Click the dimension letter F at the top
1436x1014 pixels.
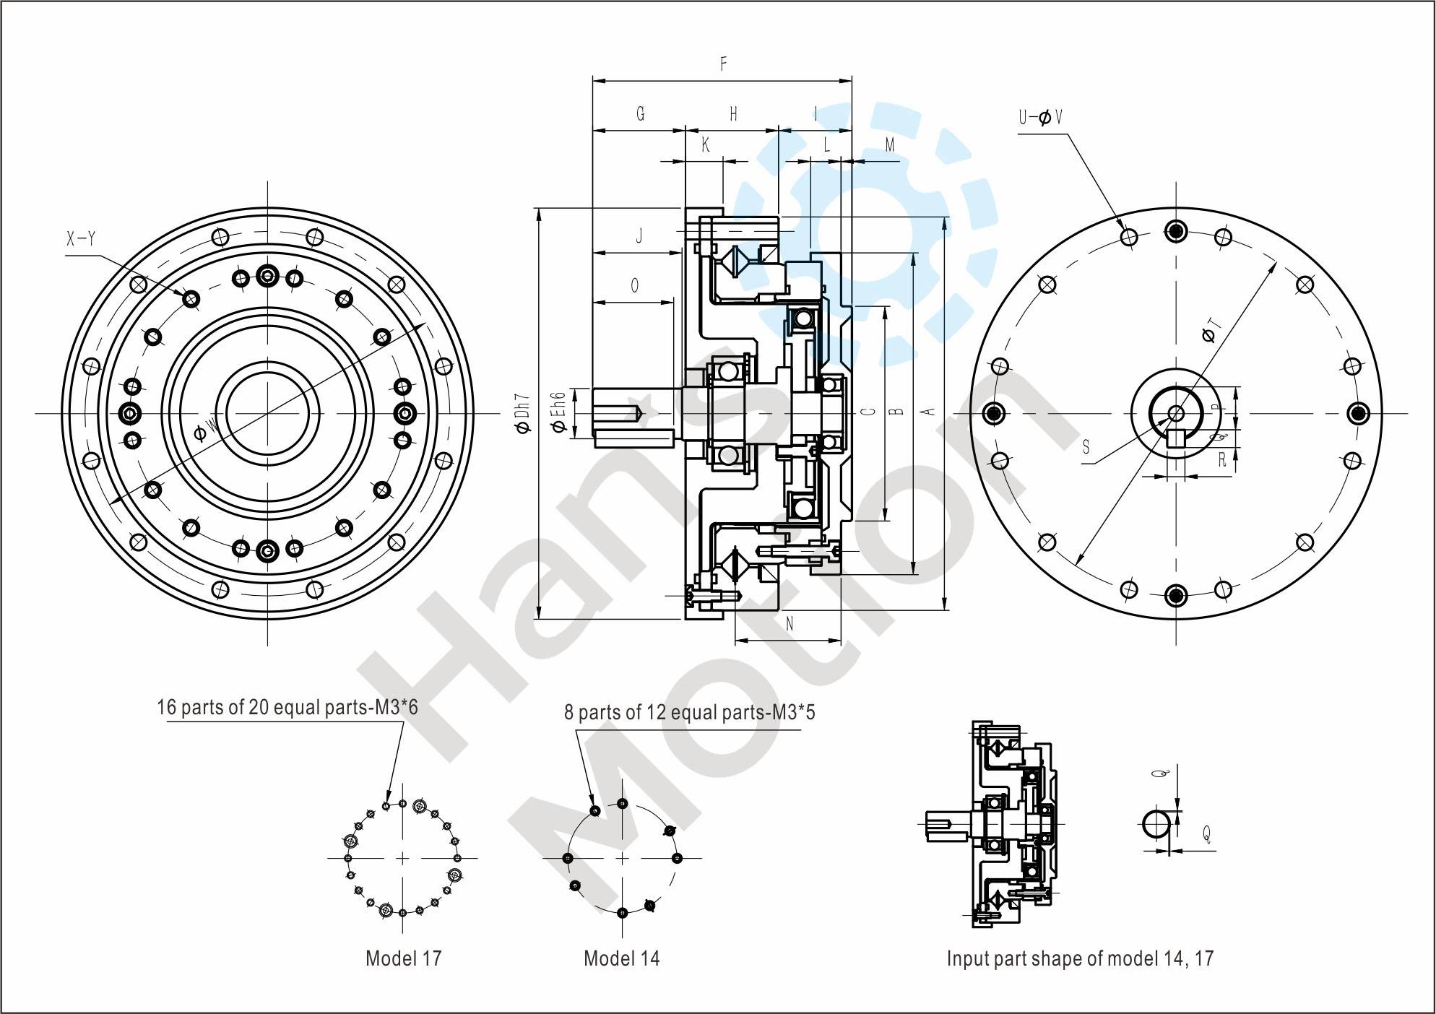(723, 64)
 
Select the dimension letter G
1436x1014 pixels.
(640, 114)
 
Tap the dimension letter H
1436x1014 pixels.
(733, 114)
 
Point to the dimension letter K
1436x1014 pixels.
(706, 145)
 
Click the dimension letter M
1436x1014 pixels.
(890, 145)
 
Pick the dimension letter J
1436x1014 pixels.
(639, 236)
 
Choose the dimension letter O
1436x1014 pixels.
(634, 286)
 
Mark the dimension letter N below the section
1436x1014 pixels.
(789, 624)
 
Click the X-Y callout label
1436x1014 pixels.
(81, 240)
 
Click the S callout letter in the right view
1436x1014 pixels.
(1086, 448)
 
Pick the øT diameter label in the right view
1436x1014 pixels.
(1209, 331)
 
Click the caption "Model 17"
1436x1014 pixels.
(403, 958)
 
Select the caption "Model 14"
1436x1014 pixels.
(621, 958)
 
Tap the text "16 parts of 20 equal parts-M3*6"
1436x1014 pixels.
(287, 706)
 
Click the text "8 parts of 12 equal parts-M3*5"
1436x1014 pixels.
(689, 713)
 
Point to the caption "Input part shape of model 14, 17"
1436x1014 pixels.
(1080, 958)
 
